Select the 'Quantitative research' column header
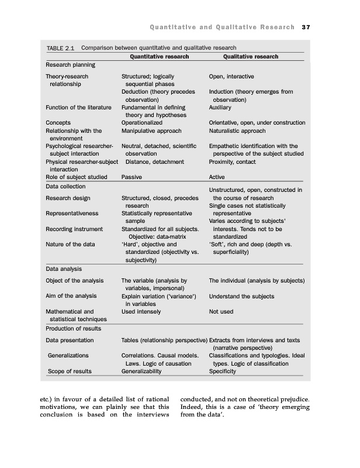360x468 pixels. pos(159,57)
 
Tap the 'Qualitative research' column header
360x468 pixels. pos(251,57)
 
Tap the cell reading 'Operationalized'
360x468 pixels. pos(141,123)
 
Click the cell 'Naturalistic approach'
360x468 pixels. pos(237,131)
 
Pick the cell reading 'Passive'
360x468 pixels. pos(131,177)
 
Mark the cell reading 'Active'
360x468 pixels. pos(217,177)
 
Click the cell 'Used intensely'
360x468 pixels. pos(141,312)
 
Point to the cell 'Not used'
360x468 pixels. pos(221,312)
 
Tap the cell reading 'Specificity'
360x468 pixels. pos(223,371)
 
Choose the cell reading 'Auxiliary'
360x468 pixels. pos(220,108)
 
